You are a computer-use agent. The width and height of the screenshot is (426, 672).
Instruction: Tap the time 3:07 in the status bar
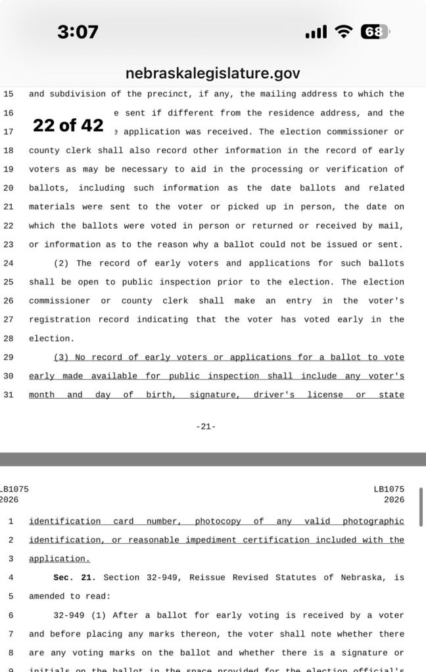77,31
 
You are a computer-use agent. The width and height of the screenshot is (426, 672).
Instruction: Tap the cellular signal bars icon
316,32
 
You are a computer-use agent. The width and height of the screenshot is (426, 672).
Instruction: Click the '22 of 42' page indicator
68,125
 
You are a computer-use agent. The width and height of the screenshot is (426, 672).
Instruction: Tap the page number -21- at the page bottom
206,427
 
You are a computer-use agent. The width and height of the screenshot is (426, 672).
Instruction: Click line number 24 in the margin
9,263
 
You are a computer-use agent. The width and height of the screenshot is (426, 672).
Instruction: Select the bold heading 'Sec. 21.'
74,578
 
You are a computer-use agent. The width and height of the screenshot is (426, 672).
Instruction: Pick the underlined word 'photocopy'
218,522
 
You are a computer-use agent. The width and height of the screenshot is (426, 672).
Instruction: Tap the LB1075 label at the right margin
389,489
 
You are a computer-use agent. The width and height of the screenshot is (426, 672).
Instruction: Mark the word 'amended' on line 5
46,596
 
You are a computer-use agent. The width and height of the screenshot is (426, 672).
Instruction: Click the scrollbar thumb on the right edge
421,503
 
